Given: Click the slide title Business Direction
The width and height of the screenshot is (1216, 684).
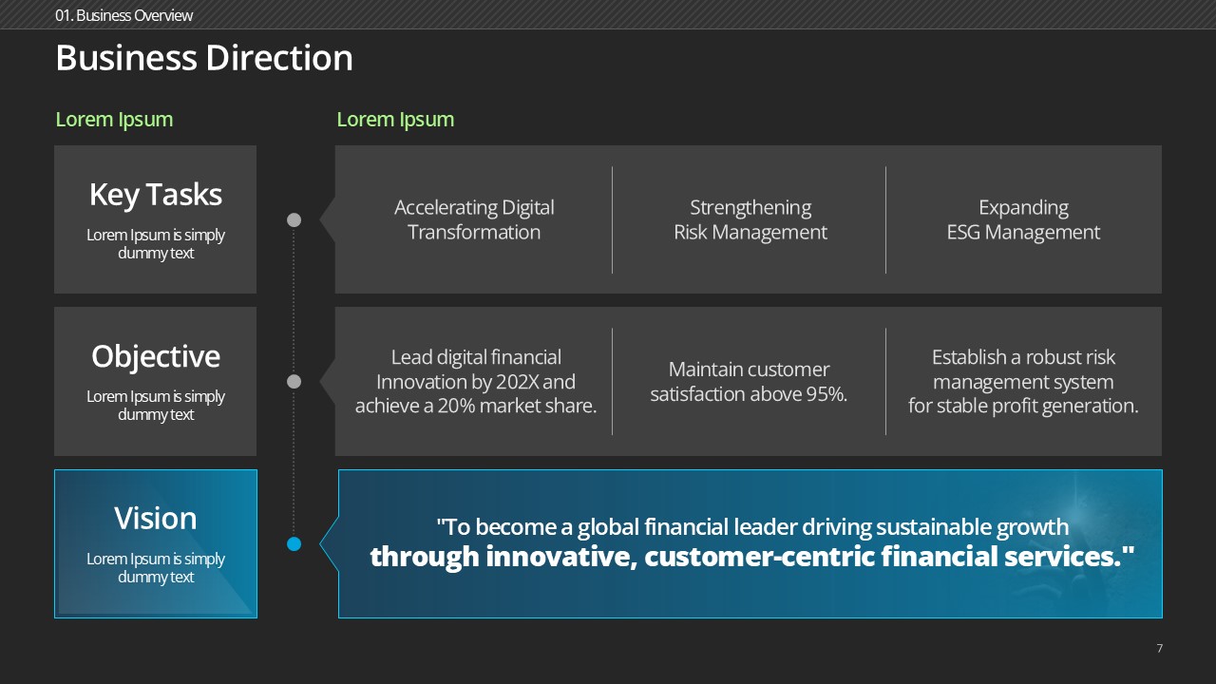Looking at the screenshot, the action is [204, 58].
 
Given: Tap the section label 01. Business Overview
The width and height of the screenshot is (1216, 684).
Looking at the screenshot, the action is [123, 16].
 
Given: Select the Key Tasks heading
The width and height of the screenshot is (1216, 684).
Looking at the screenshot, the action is [156, 195].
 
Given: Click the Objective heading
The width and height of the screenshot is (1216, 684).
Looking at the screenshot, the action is [156, 356].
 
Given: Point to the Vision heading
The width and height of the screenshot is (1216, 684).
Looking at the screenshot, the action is [156, 518].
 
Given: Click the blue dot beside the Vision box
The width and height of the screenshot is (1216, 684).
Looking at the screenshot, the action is [294, 544].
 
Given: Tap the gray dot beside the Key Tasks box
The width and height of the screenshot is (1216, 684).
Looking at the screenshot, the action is [294, 219].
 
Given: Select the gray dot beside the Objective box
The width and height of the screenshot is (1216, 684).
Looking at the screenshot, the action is [294, 382].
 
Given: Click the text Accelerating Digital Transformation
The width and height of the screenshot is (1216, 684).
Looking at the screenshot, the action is [474, 219].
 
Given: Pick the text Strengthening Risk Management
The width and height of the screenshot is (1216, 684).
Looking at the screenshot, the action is [750, 219].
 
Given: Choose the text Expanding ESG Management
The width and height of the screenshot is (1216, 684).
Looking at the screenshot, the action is [1023, 219].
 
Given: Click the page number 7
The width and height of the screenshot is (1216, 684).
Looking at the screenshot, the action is [1160, 648].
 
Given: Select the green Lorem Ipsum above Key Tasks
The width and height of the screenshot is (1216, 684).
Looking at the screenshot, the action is [114, 120].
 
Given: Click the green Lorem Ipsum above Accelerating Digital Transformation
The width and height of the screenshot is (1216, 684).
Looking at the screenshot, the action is [395, 120].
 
